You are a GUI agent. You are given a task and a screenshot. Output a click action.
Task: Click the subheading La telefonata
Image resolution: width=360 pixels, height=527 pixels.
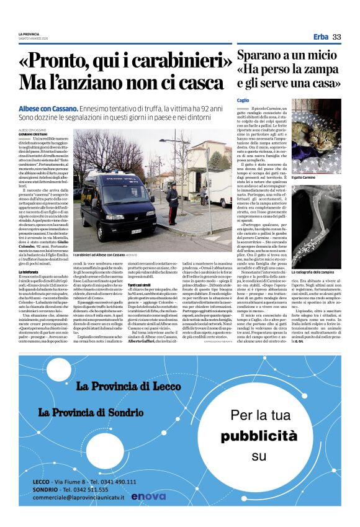tap(27, 254)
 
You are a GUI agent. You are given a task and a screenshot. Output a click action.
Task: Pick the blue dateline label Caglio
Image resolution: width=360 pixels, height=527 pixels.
tap(243, 101)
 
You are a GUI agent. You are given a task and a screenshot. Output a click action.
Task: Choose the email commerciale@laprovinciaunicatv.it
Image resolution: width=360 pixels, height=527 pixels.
tap(86, 497)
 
